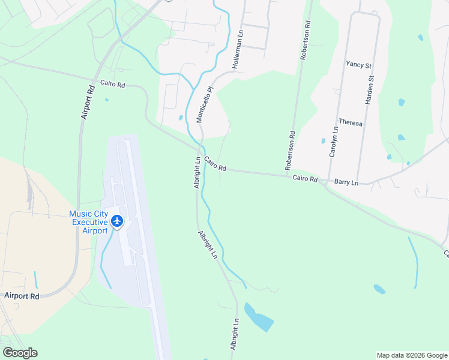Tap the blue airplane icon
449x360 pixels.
[x=117, y=221]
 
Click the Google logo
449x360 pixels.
[x=20, y=353]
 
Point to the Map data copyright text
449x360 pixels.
[x=411, y=355]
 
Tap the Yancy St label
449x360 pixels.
[x=359, y=64]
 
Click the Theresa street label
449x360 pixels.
[x=351, y=122]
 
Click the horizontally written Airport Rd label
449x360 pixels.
[x=22, y=296]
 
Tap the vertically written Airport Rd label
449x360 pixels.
[x=88, y=101]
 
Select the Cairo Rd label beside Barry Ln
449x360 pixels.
[x=305, y=178]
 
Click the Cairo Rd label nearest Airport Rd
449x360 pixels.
[x=112, y=85]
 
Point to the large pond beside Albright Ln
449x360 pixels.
[x=258, y=317]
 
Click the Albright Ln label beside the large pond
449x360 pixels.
[x=235, y=334]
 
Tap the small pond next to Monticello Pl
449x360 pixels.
[x=180, y=118]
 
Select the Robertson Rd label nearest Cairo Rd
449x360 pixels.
[x=291, y=150]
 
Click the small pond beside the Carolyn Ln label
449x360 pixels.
[x=324, y=142]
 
